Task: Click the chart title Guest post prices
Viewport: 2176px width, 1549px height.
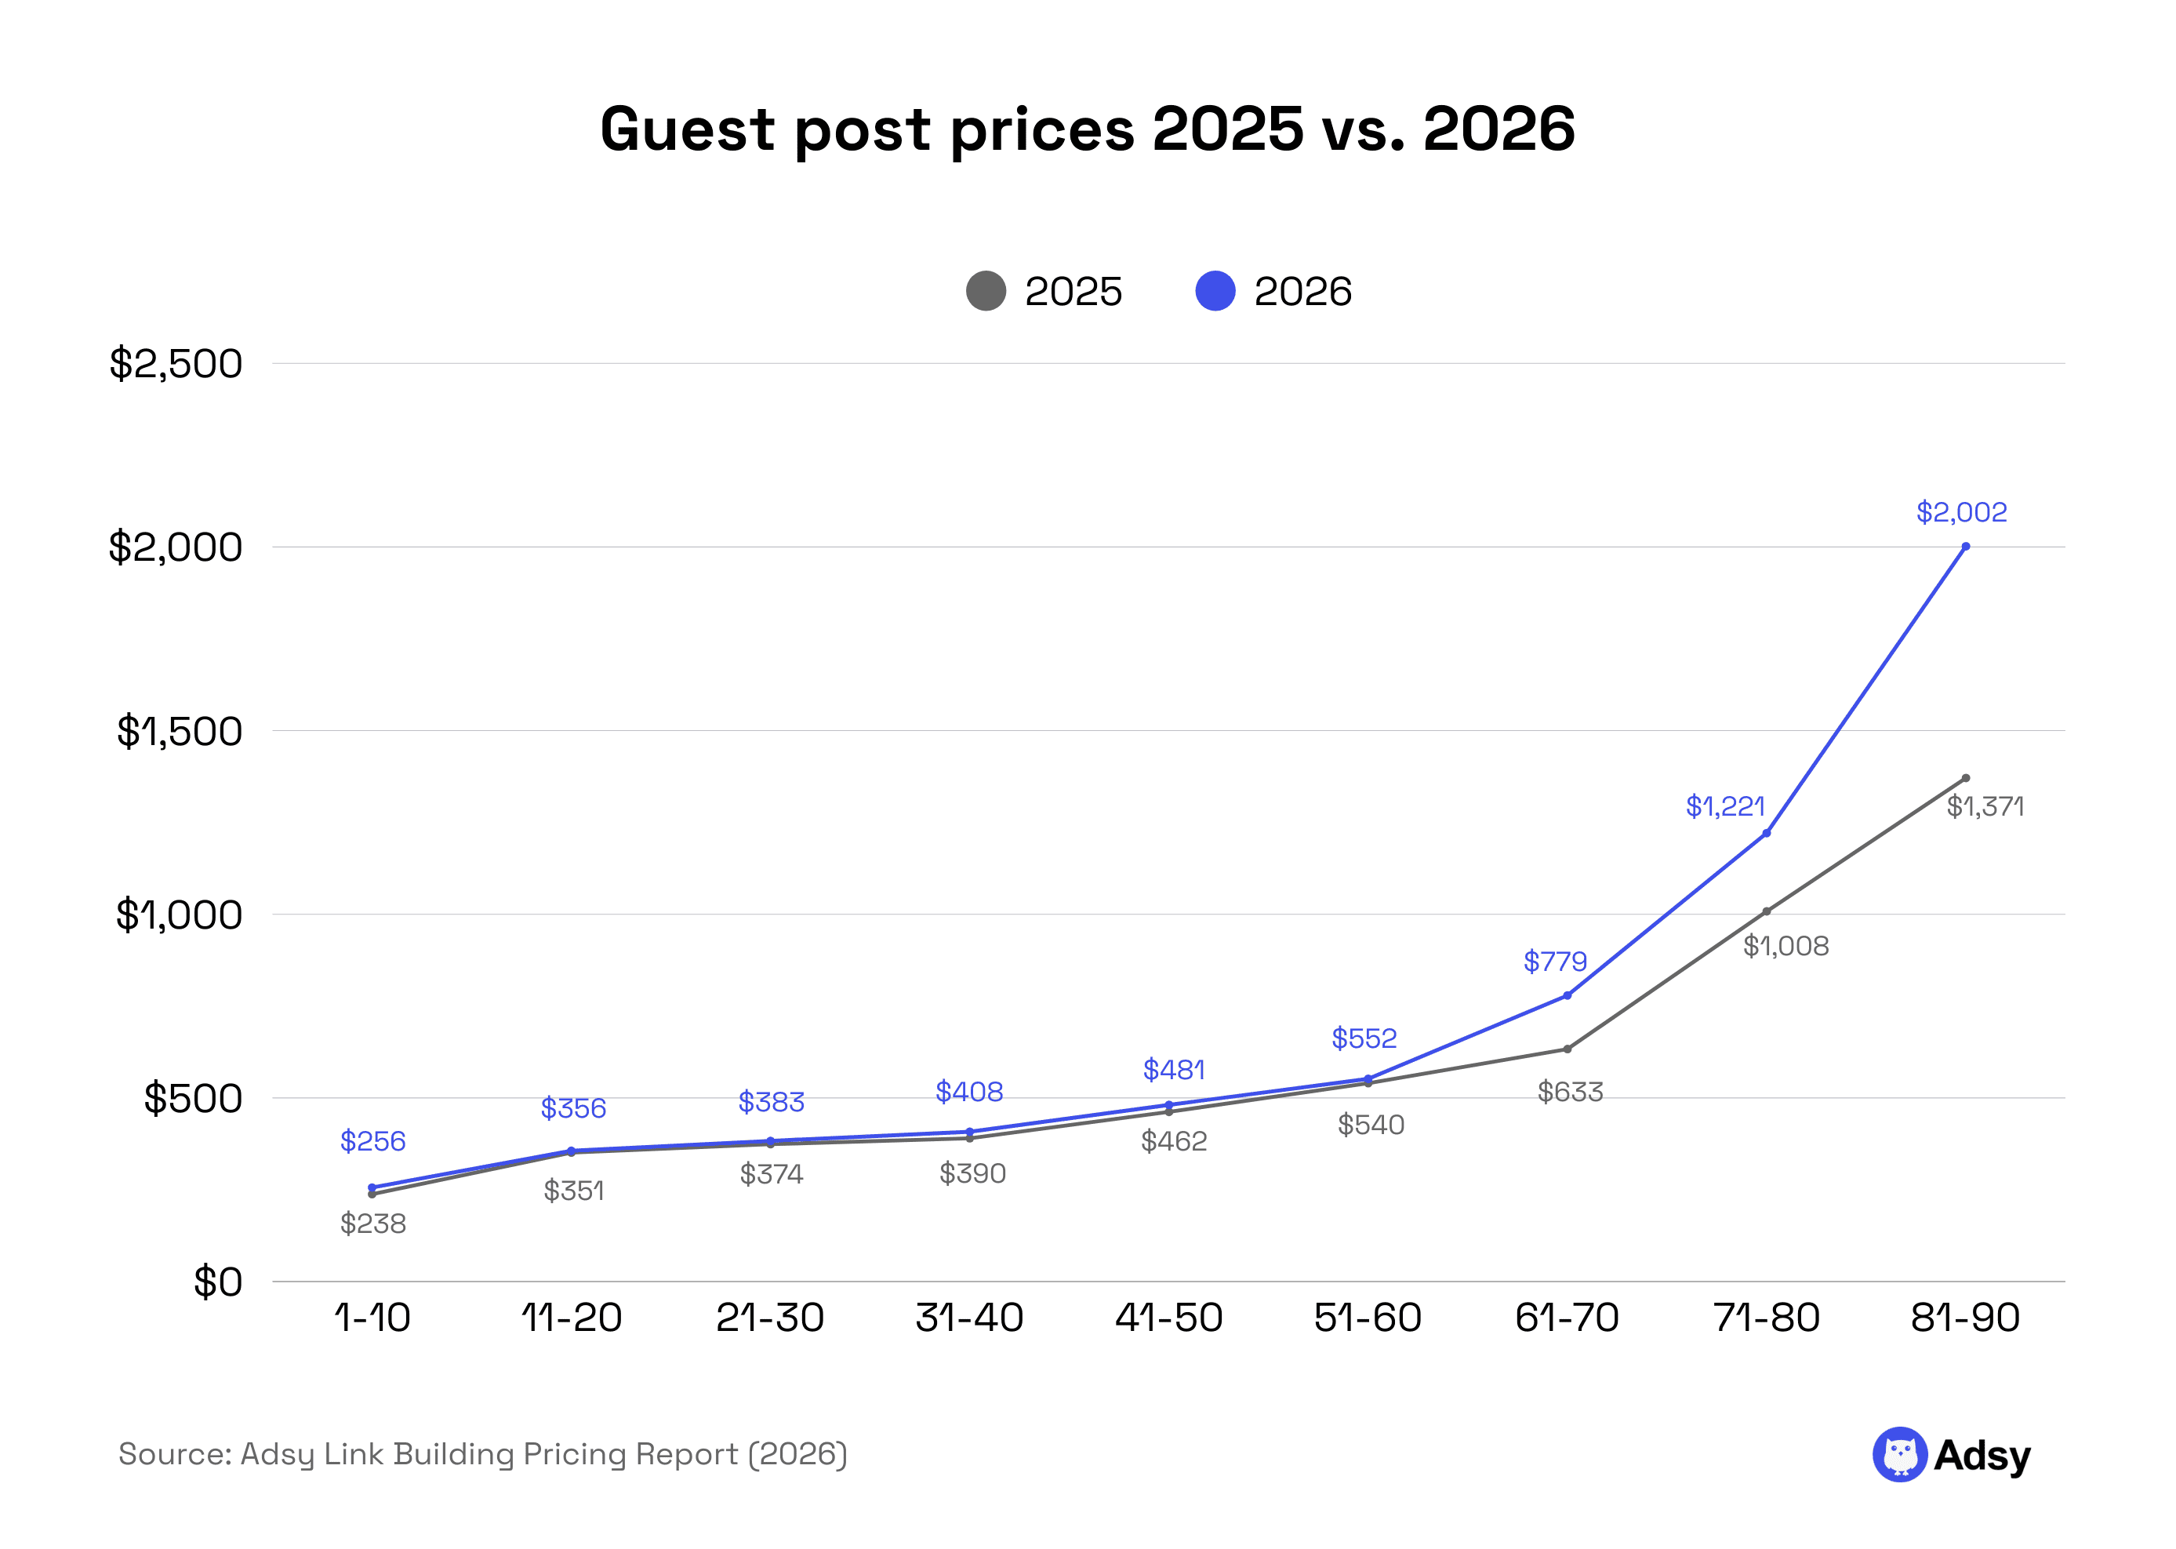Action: click(x=1087, y=129)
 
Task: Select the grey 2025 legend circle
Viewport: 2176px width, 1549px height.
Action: click(x=986, y=291)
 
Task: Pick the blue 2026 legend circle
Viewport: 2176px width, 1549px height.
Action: click(x=1215, y=291)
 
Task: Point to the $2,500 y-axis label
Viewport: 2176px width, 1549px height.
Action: click(x=176, y=363)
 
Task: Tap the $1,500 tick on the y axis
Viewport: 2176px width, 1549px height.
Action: click(x=180, y=732)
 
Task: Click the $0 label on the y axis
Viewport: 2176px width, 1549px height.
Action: click(x=217, y=1282)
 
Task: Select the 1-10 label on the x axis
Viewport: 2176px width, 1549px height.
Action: click(x=372, y=1318)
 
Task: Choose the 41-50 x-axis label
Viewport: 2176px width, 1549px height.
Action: click(x=1169, y=1318)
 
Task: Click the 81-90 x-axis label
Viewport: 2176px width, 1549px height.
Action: click(x=1965, y=1318)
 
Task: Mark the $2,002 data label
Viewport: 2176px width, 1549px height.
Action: click(x=1961, y=512)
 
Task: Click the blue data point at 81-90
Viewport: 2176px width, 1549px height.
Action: click(x=1965, y=547)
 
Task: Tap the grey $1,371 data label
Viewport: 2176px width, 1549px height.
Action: click(x=1985, y=807)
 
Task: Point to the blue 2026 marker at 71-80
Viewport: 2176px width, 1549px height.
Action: click(x=1766, y=834)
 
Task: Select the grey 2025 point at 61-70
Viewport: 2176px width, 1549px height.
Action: click(x=1567, y=1049)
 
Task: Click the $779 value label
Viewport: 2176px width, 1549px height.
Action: click(x=1555, y=962)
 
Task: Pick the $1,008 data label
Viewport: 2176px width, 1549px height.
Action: click(x=1786, y=946)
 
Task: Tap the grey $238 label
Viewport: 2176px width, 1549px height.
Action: click(x=372, y=1224)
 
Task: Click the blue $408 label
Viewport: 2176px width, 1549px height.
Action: click(x=968, y=1091)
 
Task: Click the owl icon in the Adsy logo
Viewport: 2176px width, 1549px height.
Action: click(x=1899, y=1455)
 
